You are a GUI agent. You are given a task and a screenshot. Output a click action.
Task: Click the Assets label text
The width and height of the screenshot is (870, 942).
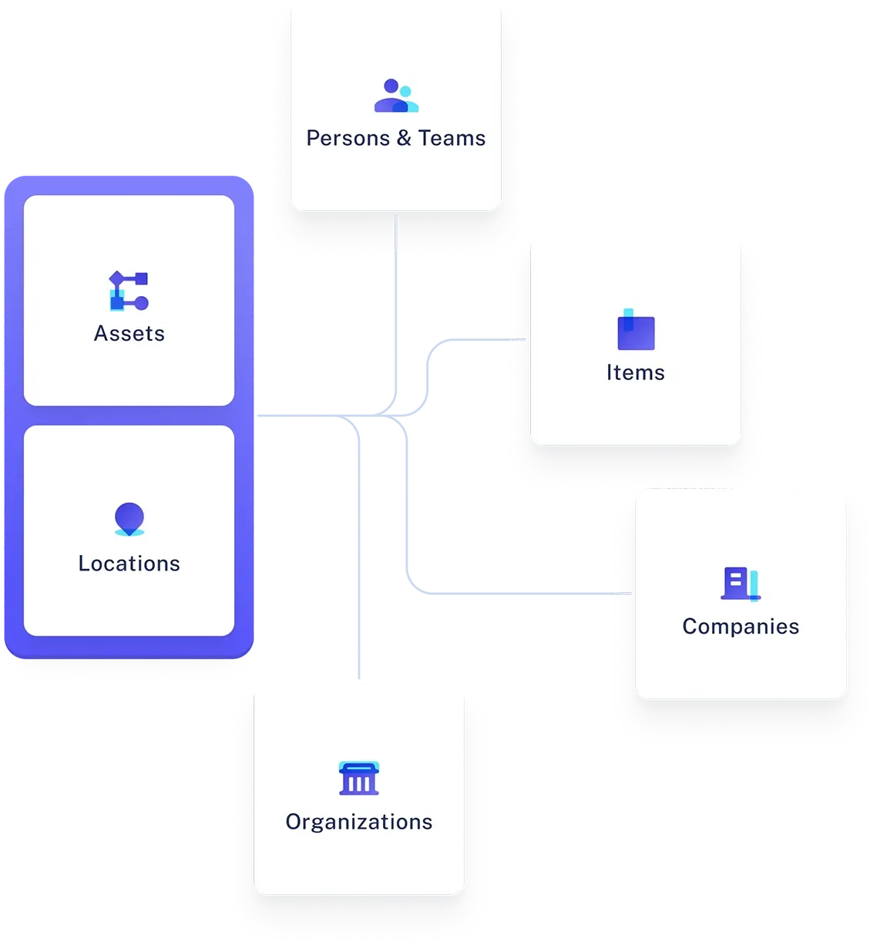coord(129,334)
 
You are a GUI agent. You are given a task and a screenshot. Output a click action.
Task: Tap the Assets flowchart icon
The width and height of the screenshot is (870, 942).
coord(129,291)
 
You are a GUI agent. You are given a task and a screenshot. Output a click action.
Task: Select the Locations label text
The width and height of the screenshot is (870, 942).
coord(129,564)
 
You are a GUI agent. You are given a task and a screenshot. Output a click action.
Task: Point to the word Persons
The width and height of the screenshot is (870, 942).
coord(348,139)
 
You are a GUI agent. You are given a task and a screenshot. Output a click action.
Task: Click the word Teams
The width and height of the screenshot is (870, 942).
coord(452,139)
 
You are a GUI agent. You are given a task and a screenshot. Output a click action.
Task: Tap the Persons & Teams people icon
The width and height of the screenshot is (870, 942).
coord(395,96)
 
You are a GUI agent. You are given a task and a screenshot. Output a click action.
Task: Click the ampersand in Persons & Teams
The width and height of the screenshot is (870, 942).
coord(404,139)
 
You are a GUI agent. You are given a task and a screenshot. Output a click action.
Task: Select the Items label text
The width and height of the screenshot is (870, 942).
coord(635,373)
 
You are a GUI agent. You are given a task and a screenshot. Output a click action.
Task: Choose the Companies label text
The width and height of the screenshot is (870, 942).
coord(741,627)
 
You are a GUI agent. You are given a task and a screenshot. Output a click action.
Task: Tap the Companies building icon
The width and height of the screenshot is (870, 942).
coord(740,584)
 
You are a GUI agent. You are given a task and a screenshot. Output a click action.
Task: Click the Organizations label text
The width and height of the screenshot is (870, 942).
coord(359,823)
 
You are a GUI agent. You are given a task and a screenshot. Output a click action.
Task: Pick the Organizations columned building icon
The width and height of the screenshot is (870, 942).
coord(359,779)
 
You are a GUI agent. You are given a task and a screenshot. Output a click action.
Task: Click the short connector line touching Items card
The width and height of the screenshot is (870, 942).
coord(517,339)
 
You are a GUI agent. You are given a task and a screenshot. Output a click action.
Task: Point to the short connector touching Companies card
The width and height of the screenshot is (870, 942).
coord(622,594)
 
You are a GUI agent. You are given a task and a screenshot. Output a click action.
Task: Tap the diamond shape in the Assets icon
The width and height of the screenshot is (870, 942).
coord(117,278)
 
